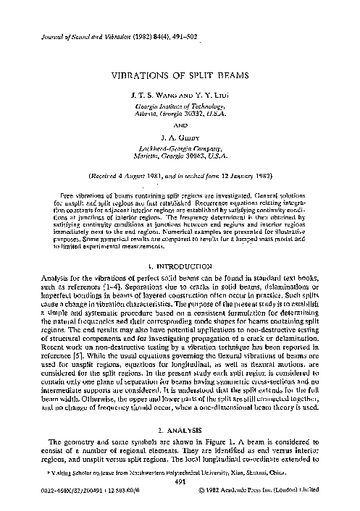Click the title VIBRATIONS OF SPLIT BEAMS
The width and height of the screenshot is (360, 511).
coord(180,75)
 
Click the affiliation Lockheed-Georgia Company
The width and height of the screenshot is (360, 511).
coord(180,145)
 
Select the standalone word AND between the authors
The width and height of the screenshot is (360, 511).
coord(180,123)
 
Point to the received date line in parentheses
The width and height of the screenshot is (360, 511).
coord(180,175)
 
